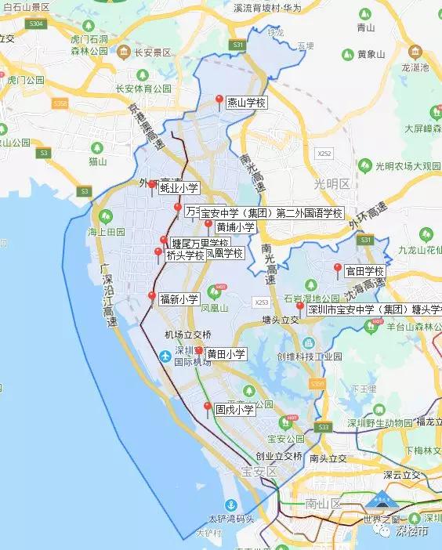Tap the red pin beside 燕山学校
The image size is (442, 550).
(219, 100)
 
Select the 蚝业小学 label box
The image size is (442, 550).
(179, 188)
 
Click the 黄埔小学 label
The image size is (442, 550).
(236, 227)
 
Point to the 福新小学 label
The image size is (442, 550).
(179, 299)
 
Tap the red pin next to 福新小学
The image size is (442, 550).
(152, 296)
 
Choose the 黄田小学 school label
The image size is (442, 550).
(226, 354)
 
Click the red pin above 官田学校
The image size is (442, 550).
(338, 269)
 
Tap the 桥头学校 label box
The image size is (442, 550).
(185, 255)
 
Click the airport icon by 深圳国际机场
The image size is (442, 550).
(165, 356)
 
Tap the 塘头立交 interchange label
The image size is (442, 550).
(281, 320)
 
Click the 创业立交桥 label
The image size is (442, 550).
(278, 455)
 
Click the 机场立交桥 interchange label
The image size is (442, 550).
(188, 335)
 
